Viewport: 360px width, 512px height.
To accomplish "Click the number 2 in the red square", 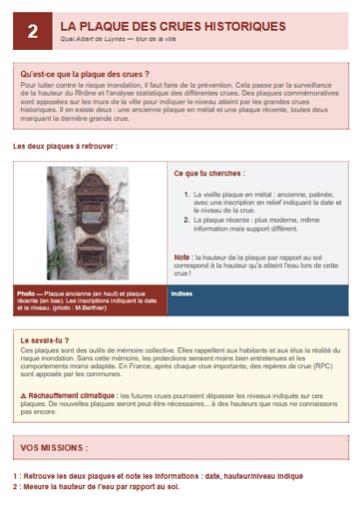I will (x=32, y=31).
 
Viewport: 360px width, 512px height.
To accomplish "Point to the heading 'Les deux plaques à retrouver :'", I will (x=65, y=146).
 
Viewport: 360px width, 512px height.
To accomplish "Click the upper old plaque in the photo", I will (x=88, y=196).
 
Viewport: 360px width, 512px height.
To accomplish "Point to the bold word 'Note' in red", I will (x=181, y=257).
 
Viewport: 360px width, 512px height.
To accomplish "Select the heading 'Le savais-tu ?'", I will (x=44, y=339).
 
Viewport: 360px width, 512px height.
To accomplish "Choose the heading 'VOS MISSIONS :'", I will (x=53, y=448).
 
